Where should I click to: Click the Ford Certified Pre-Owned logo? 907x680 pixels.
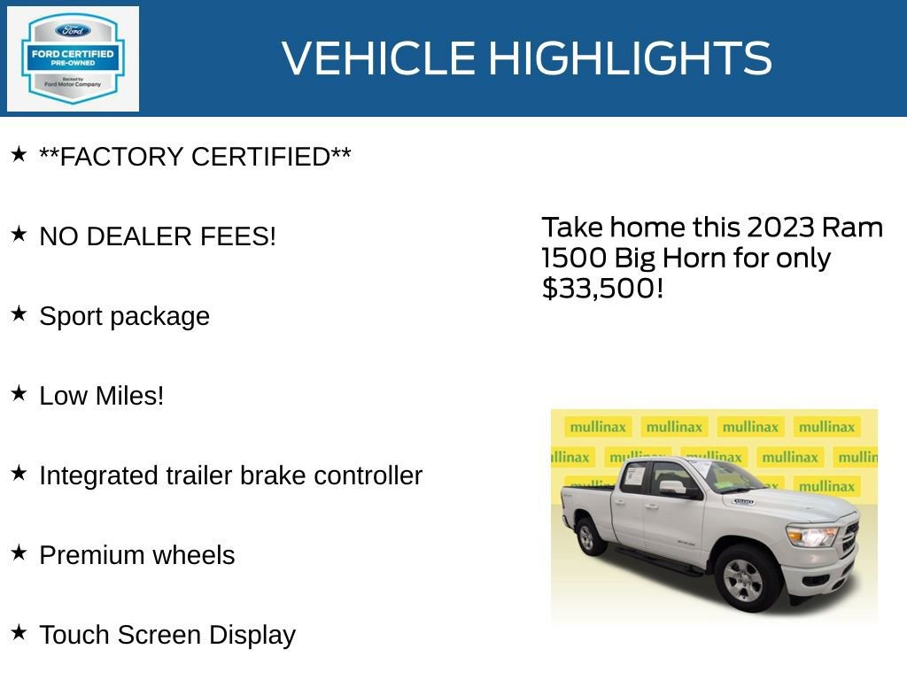(73, 58)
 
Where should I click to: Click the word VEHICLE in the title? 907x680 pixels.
(378, 58)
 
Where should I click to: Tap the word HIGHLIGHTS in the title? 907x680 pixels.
(630, 58)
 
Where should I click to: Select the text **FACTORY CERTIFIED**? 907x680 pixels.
(195, 157)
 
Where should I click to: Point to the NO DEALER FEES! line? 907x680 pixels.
(158, 236)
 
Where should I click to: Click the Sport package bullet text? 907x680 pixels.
(124, 316)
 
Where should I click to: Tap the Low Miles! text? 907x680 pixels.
(102, 396)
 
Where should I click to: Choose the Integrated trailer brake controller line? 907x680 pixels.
(230, 475)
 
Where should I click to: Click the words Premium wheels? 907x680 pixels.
(137, 555)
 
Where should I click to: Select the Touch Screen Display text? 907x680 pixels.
(167, 635)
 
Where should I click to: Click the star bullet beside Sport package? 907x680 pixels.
(19, 313)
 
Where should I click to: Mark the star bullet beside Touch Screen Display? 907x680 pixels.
(19, 632)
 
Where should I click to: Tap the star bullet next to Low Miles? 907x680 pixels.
(19, 393)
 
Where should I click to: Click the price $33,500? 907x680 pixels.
(602, 288)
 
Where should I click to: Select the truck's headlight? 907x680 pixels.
(811, 535)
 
